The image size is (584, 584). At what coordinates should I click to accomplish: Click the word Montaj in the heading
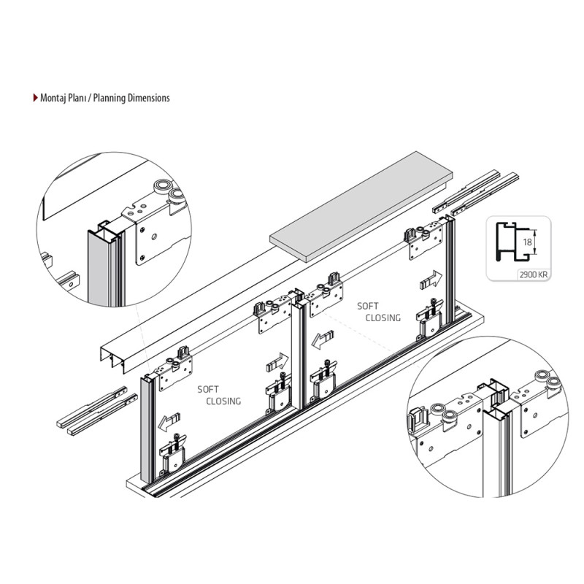pos(51,98)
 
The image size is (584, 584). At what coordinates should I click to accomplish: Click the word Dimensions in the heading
pos(149,98)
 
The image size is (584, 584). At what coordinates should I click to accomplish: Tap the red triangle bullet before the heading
pos(35,98)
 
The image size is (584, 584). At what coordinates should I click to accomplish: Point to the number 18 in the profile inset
pos(527,242)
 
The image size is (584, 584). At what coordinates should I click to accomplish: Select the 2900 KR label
pos(534,275)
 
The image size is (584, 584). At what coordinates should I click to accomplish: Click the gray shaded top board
pos(361,207)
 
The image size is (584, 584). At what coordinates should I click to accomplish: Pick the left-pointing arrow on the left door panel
pos(169,422)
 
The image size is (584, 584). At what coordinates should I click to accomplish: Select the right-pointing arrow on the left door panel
pos(277,362)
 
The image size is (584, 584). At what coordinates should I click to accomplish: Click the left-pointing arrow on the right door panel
pos(323,339)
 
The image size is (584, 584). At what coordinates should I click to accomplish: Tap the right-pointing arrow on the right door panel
pos(431,280)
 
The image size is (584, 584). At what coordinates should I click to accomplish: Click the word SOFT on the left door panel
pos(208,390)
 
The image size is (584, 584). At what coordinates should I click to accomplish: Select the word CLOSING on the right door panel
pos(383,318)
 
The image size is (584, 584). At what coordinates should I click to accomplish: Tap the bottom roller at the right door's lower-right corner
pos(430,318)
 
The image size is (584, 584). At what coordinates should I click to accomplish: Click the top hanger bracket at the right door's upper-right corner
pos(424,242)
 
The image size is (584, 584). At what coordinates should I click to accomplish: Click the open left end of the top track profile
pos(112,358)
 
